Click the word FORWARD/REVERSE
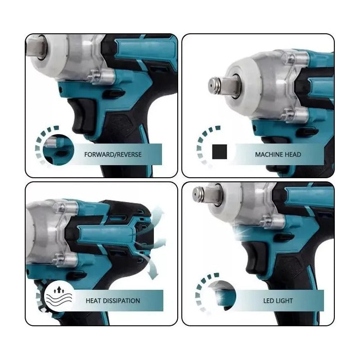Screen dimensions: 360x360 (113, 154)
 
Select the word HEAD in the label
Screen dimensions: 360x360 (292, 154)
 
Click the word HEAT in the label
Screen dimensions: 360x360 (93, 301)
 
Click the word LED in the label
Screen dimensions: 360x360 (268, 301)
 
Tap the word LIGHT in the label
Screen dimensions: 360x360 (284, 301)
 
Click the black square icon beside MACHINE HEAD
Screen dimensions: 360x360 (220, 152)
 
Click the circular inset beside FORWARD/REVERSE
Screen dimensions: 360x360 (58, 150)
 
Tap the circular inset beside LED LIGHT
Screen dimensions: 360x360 (221, 296)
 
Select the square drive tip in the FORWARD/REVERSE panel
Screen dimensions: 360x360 (37, 47)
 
